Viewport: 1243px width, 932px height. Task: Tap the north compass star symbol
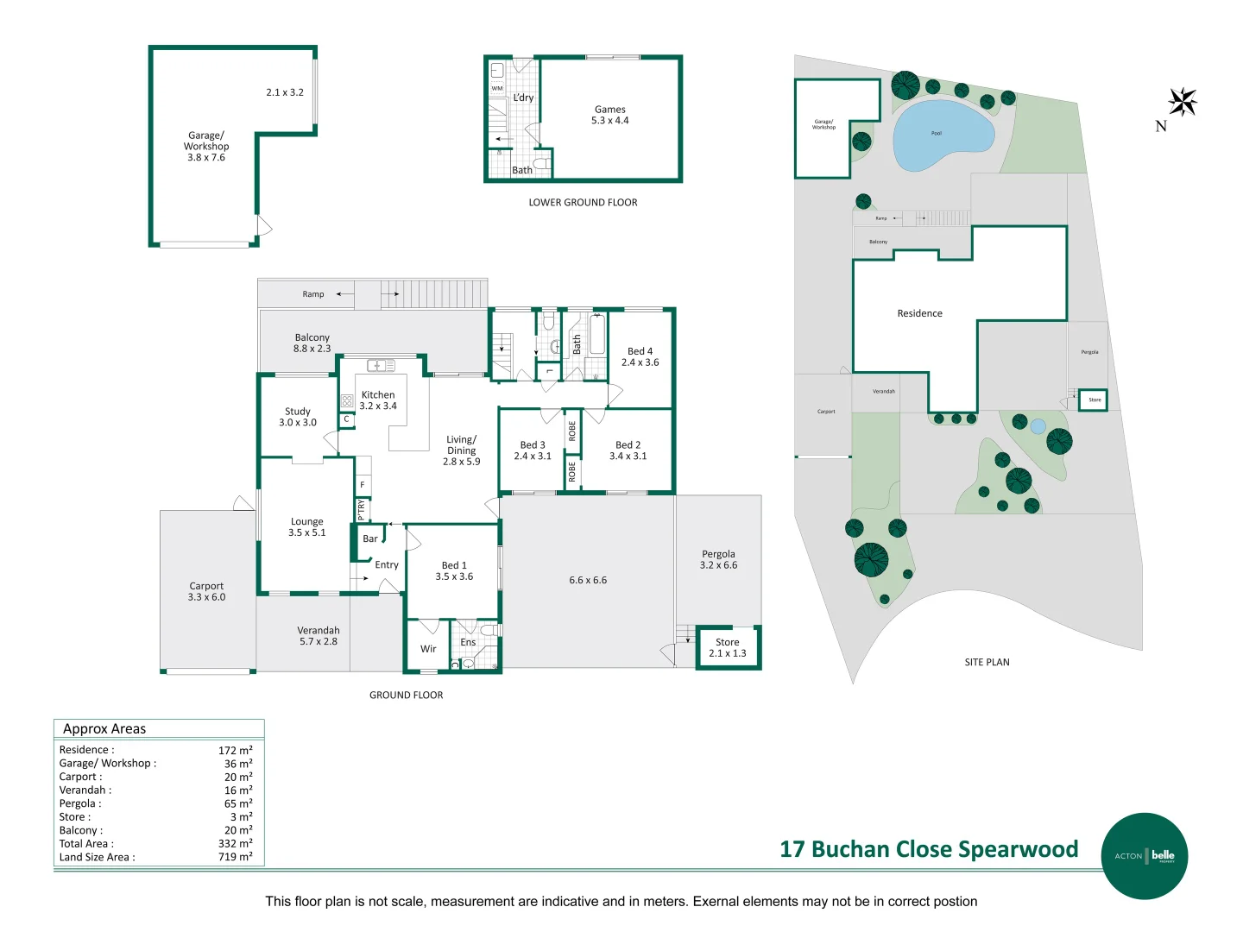click(x=1182, y=102)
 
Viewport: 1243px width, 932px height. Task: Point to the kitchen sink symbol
click(x=381, y=366)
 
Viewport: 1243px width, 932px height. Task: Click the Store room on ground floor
click(x=727, y=647)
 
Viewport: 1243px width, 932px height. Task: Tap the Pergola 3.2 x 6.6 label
click(x=718, y=559)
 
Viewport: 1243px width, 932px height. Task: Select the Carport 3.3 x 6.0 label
click(x=206, y=591)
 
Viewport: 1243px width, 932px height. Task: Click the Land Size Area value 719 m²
click(x=235, y=857)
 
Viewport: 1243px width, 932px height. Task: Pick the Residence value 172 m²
click(x=235, y=750)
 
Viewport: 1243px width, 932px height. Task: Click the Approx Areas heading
click(x=104, y=729)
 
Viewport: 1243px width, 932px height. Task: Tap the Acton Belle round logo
click(x=1145, y=855)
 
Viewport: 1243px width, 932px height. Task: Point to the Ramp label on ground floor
click(x=312, y=294)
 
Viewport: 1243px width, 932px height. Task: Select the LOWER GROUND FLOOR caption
click(x=583, y=203)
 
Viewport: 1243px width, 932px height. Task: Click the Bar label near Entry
click(x=369, y=538)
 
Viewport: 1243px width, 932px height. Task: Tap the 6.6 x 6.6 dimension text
click(x=588, y=580)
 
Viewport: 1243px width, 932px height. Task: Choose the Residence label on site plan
click(x=919, y=313)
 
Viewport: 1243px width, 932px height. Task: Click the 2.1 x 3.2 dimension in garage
click(x=284, y=92)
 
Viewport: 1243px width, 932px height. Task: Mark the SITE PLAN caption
click(x=987, y=662)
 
